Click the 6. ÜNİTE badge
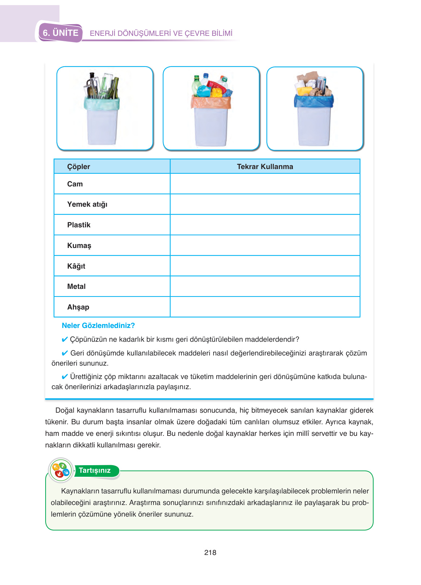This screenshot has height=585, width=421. coord(60,33)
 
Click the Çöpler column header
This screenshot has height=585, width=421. coord(79,167)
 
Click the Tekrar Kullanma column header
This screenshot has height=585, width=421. coord(265,167)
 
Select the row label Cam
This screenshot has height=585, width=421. coord(75,184)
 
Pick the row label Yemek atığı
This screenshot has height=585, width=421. coord(87,204)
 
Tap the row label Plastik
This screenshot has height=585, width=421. coord(79,225)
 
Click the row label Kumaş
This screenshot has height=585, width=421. coord(79,245)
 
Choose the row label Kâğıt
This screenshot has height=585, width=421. coord(76,266)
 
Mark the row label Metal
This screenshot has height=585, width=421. coord(76,286)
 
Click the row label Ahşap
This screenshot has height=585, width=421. coord(78,307)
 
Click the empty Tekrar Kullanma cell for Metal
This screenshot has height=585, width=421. coord(265,286)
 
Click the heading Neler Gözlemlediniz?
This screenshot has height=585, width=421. coord(98,325)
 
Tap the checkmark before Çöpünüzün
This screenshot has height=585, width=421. coord(65,340)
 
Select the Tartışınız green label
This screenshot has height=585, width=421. coord(95,470)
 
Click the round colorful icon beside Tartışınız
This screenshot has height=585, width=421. coord(61,470)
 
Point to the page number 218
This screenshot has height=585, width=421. coord(210,552)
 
